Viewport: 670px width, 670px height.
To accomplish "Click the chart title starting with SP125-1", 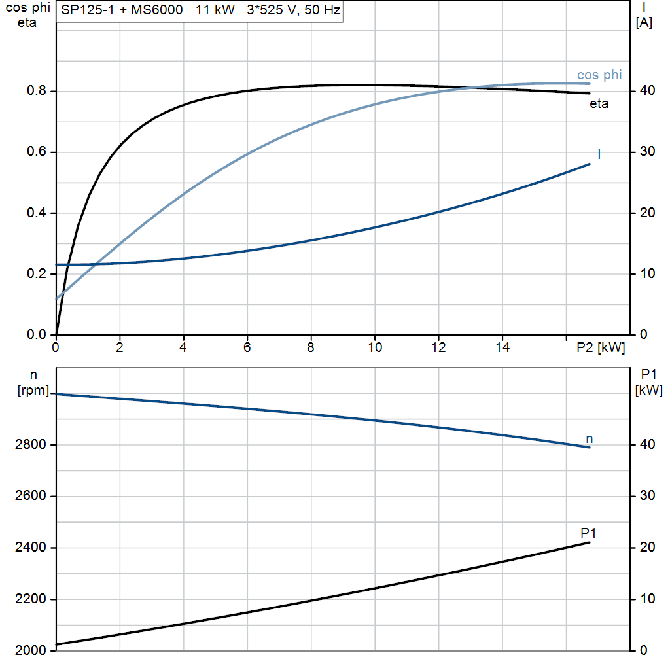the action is tap(200, 10).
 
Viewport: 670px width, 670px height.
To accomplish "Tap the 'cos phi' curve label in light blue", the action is tap(599, 75).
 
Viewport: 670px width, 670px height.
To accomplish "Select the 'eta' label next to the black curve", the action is tap(599, 103).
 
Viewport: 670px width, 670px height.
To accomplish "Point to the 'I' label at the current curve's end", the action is tap(599, 154).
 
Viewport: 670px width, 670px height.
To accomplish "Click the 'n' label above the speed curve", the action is tap(590, 439).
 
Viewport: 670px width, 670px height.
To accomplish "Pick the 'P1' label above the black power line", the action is tap(588, 533).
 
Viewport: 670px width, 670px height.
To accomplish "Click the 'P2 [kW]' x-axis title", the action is tap(601, 347).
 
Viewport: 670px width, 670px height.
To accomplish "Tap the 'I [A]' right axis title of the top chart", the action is tap(644, 16).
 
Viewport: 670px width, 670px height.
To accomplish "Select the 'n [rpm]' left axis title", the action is tap(33, 382).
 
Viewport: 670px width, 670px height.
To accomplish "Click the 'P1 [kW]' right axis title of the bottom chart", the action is tap(648, 382).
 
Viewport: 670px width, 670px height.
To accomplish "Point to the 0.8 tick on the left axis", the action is tap(37, 90).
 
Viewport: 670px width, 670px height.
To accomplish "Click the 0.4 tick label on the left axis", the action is tap(37, 213).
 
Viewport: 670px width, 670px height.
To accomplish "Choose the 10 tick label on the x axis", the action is tap(375, 347).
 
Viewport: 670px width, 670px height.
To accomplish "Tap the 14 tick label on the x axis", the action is tap(502, 347).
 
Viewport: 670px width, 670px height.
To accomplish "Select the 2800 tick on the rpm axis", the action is tap(30, 444).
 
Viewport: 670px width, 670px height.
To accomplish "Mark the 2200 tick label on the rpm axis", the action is tap(30, 599).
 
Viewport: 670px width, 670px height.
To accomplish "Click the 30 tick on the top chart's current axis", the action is tap(647, 151).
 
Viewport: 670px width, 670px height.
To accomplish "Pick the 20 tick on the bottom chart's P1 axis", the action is tap(647, 547).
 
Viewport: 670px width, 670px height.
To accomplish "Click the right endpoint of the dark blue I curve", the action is tap(590, 164).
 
